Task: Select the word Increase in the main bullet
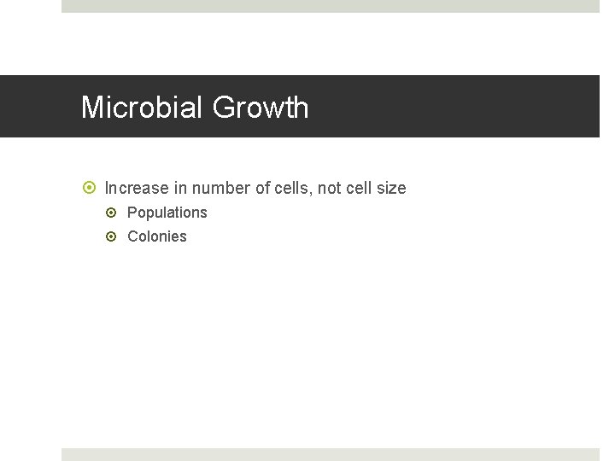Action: (137, 188)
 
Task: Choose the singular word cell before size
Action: (359, 188)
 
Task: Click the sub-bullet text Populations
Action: (167, 213)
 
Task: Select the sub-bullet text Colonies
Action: (157, 236)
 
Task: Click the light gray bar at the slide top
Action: (330, 6)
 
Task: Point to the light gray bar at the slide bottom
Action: (330, 454)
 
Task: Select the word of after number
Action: (262, 188)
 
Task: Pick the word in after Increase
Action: (180, 188)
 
